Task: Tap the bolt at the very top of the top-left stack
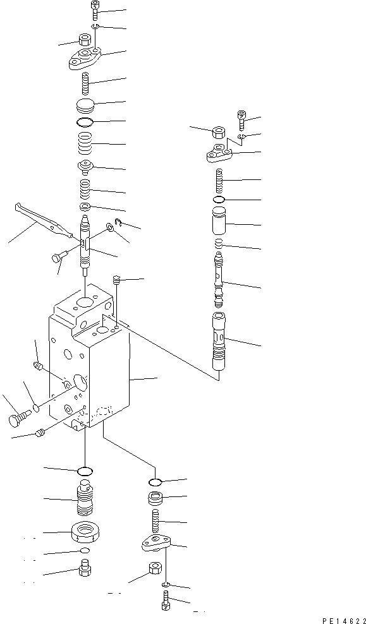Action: coord(94,9)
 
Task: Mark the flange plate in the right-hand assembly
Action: coord(218,153)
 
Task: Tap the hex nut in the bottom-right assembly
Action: coord(153,568)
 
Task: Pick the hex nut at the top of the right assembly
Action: coord(218,133)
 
